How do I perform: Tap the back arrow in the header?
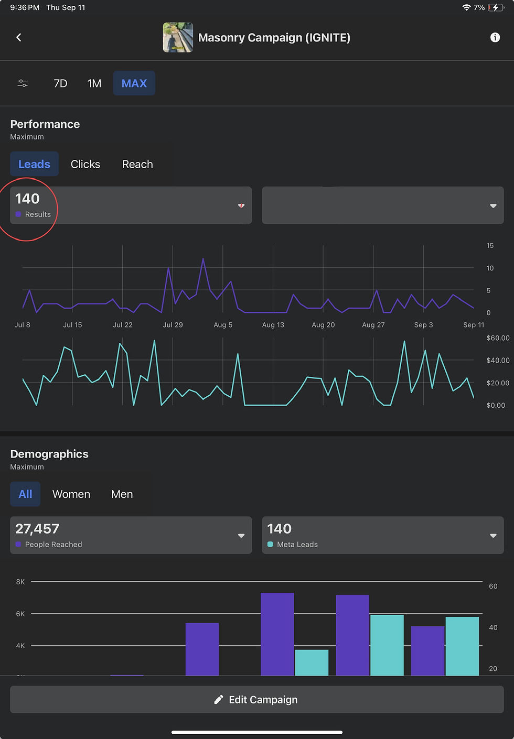coord(19,37)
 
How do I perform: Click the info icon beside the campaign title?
coord(495,37)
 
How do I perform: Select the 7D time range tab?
coord(60,83)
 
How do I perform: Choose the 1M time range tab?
coord(94,83)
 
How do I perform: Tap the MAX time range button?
coord(134,83)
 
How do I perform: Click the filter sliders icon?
coord(23,83)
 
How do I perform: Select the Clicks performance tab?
coord(85,164)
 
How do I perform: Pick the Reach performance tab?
coord(137,164)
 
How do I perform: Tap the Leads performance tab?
coord(34,164)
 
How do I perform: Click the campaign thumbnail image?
coord(178,37)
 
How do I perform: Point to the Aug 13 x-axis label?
coord(273,324)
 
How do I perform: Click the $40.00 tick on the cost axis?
coord(498,360)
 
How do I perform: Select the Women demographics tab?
coord(71,494)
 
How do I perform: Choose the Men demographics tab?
coord(122,494)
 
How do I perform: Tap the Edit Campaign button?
coord(257,699)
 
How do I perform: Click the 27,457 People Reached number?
coord(37,528)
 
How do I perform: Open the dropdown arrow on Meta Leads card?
coord(493,536)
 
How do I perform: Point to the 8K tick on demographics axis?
coord(20,582)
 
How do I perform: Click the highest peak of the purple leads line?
coord(203,259)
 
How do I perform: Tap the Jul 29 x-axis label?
coord(173,324)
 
